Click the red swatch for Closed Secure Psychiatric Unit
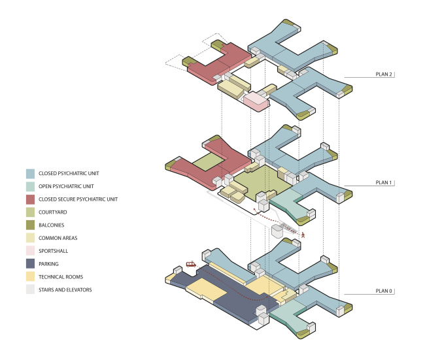point(30,199)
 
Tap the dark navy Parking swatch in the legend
point(30,264)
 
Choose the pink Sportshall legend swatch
point(30,251)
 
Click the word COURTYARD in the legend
point(54,212)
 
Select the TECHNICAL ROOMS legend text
point(61,277)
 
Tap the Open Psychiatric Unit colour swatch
point(30,186)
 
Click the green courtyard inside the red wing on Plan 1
point(211,162)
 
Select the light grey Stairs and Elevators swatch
point(30,289)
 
